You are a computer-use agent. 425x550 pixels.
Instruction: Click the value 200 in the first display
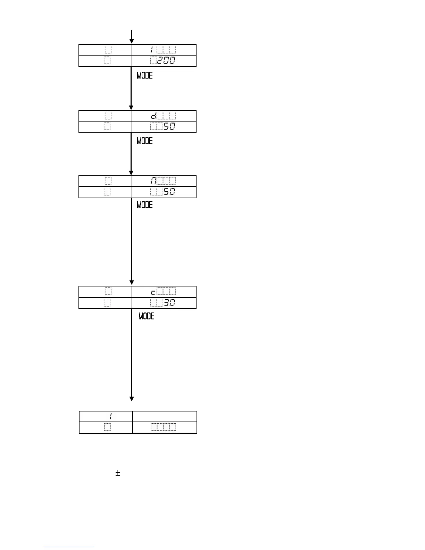(x=166, y=61)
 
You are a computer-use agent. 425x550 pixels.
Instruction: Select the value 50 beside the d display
(x=169, y=127)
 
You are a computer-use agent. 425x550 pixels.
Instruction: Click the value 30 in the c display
(x=169, y=303)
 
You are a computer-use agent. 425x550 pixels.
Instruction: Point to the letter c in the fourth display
(x=153, y=292)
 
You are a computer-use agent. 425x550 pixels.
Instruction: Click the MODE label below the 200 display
(x=144, y=75)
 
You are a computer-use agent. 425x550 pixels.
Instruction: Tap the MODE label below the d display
(x=144, y=141)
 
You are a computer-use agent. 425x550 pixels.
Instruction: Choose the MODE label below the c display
(x=146, y=316)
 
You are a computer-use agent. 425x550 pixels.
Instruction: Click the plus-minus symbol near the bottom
(x=118, y=473)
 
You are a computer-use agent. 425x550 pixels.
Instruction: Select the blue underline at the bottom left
(x=69, y=547)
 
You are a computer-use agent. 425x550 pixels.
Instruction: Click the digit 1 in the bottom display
(x=110, y=416)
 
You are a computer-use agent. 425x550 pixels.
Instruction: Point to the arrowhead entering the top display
(x=132, y=41)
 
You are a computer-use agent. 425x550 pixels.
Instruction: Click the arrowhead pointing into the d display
(x=131, y=107)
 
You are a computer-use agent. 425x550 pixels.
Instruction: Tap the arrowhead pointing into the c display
(x=132, y=282)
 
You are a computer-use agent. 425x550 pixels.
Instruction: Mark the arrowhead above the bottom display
(x=132, y=399)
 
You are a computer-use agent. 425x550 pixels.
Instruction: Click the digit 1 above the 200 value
(x=152, y=50)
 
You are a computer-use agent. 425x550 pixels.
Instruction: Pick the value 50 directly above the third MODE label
(x=169, y=192)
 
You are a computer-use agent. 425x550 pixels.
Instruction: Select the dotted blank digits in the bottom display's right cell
(x=163, y=427)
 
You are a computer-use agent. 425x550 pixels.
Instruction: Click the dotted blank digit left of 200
(x=153, y=61)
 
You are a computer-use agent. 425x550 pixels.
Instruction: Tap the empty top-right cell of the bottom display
(x=164, y=416)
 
